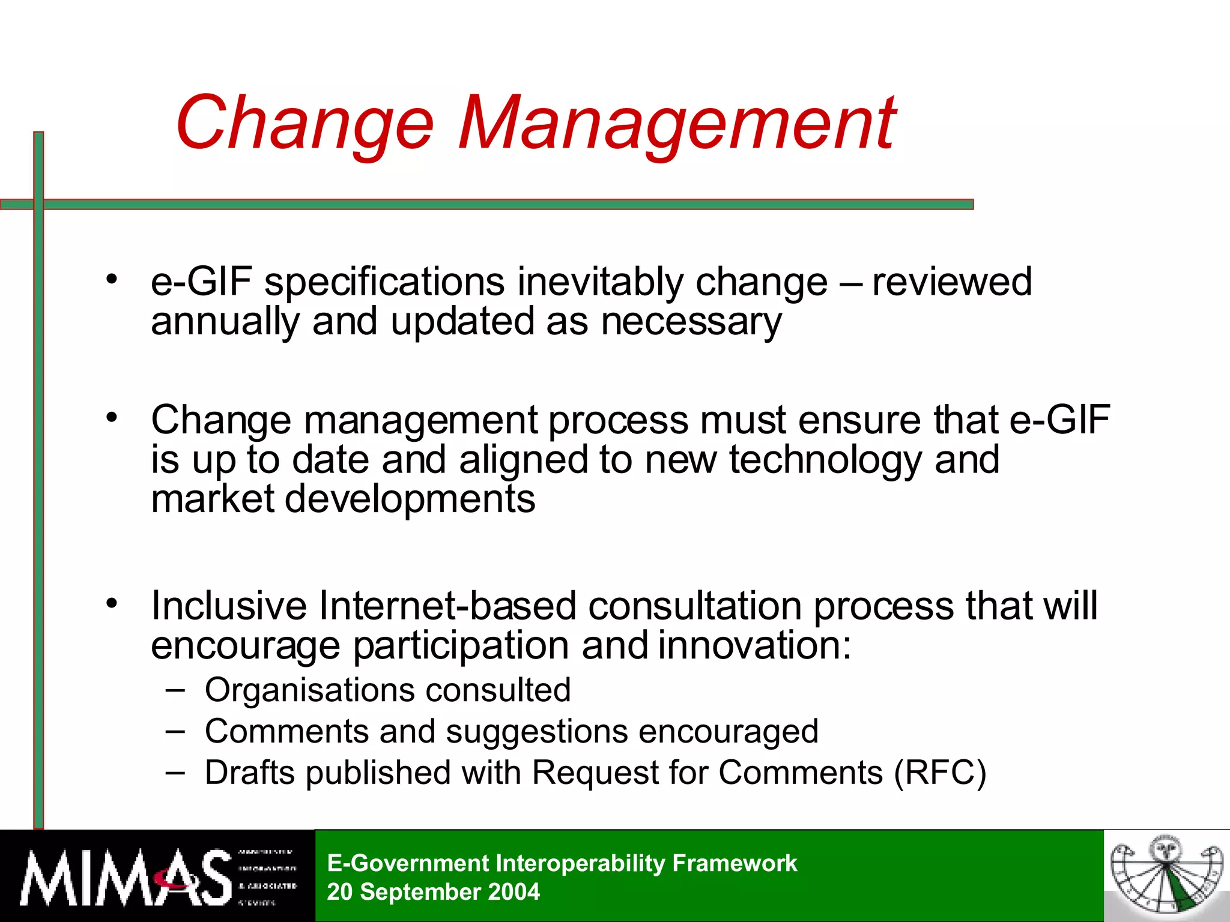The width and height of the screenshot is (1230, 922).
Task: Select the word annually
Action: pos(225,322)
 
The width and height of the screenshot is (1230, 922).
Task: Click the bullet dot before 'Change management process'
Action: pos(112,417)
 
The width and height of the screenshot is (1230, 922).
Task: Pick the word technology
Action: pos(825,461)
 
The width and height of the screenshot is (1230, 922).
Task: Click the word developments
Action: pos(410,499)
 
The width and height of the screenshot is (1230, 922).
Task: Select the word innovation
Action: pos(754,646)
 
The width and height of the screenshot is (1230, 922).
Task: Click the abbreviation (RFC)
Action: pos(940,773)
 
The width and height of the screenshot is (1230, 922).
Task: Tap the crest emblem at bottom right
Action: pos(1166,876)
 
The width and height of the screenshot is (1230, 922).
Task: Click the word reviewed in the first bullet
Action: pos(952,282)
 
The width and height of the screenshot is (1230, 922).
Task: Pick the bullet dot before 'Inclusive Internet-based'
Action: pos(112,603)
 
